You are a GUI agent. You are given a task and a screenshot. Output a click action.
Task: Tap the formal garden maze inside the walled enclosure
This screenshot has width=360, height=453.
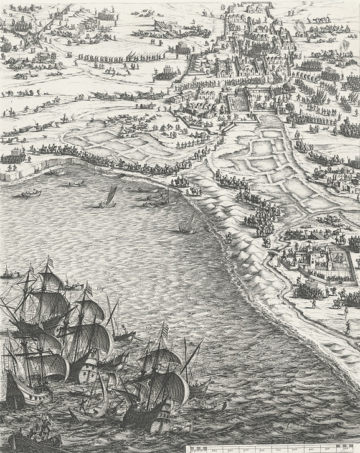coord(237,101)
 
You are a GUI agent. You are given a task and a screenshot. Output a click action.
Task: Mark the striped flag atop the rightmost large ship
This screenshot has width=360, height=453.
coord(164,330)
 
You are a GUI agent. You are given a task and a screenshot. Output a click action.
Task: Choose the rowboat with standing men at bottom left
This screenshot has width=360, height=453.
coord(37,432)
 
